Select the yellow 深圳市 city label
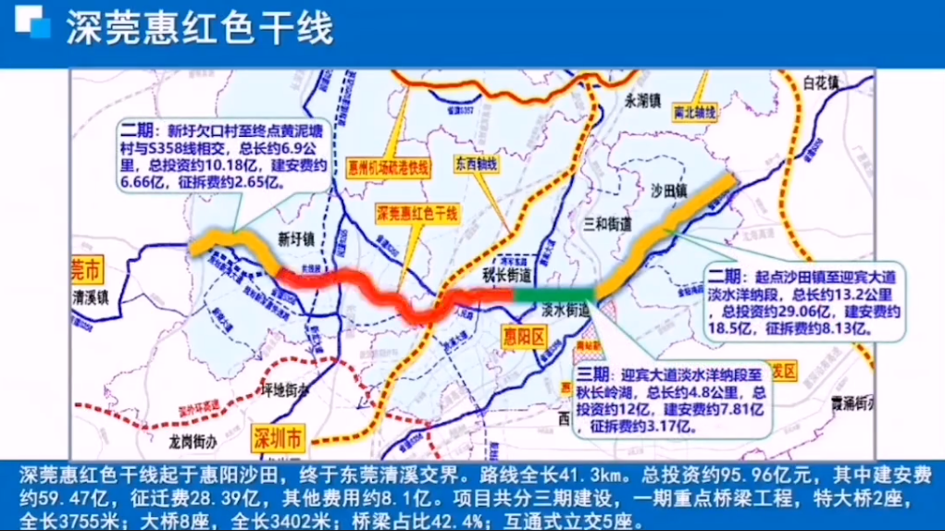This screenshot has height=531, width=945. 276,435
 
